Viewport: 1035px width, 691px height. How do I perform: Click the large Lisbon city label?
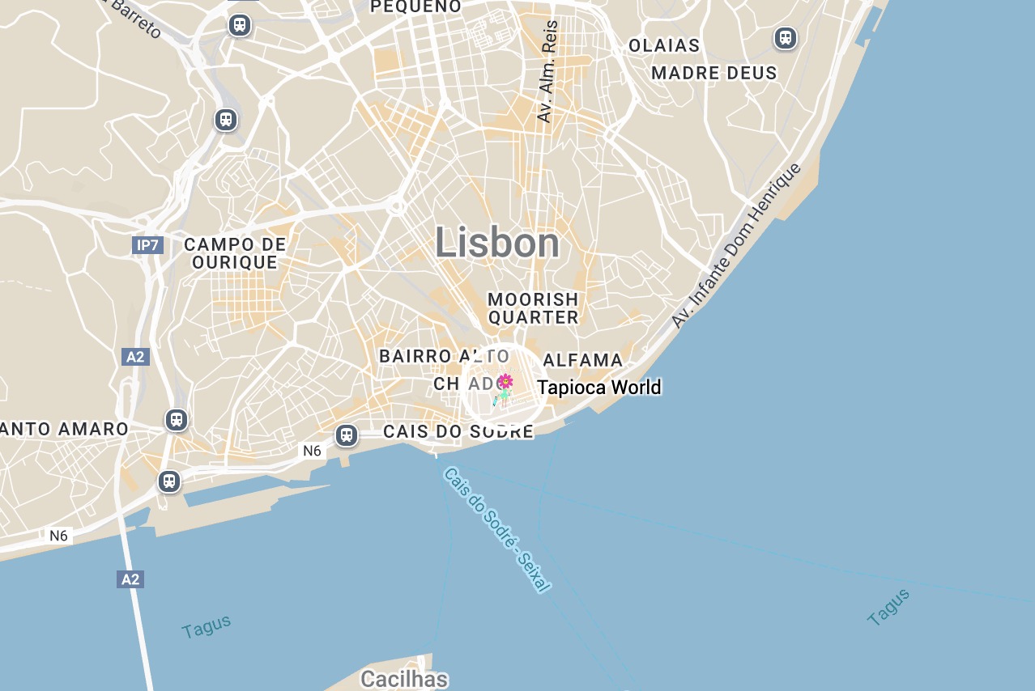click(x=497, y=243)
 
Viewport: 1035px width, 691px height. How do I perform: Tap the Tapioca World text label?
click(x=599, y=388)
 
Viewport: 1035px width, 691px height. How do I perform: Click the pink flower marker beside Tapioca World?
click(x=505, y=381)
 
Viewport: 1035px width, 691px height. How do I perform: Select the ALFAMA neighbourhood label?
click(x=583, y=360)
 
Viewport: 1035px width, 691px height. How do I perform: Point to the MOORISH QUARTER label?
click(x=533, y=309)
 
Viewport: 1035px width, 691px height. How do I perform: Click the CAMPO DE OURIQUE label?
click(x=235, y=253)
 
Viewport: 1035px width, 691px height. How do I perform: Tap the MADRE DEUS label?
click(x=714, y=73)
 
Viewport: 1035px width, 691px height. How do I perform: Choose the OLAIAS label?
click(x=664, y=46)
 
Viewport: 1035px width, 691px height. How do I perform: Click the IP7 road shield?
click(x=148, y=244)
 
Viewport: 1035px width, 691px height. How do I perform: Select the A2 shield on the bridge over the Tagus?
click(x=130, y=579)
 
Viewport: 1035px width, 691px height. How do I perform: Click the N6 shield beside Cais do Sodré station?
click(x=313, y=451)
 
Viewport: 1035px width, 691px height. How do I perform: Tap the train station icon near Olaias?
click(x=785, y=38)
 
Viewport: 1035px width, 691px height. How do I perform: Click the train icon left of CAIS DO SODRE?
click(x=347, y=435)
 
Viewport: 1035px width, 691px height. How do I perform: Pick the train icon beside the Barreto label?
click(x=239, y=25)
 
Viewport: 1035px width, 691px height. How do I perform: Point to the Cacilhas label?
click(x=404, y=678)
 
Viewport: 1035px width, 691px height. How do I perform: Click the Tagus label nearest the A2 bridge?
click(x=207, y=626)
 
